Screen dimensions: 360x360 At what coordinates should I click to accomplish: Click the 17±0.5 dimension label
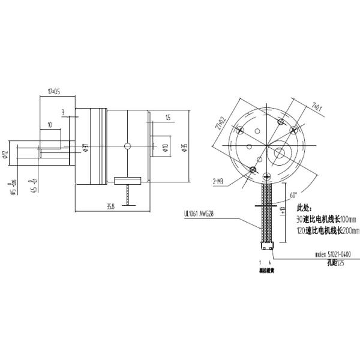(53, 92)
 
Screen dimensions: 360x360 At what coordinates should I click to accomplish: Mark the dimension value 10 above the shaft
(49, 124)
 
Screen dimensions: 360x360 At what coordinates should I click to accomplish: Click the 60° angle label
(293, 195)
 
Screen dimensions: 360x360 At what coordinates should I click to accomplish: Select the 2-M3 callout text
(219, 180)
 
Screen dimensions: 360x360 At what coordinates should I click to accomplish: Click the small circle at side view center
(127, 145)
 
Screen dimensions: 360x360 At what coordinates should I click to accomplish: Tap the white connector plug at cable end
(266, 245)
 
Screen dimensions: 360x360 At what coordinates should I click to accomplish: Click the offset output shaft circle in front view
(280, 153)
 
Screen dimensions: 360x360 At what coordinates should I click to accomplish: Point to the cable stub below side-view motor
(128, 196)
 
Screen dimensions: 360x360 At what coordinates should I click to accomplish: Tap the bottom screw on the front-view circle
(266, 175)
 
